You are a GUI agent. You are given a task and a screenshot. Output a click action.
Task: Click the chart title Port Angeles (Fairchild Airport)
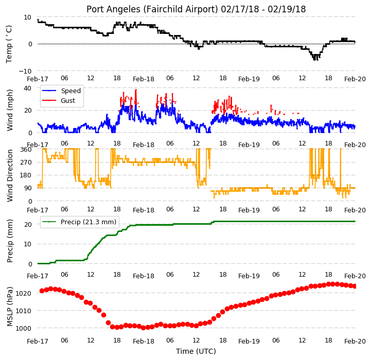pyautogui.click(x=152, y=9)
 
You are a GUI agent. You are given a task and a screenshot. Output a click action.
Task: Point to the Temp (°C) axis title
pyautogui.click(x=9, y=44)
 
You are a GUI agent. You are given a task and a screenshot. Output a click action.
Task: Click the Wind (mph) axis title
pyautogui.click(x=10, y=110)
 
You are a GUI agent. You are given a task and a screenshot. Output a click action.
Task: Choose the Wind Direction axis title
pyautogui.click(x=10, y=175)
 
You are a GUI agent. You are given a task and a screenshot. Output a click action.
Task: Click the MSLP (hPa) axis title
pyautogui.click(x=10, y=307)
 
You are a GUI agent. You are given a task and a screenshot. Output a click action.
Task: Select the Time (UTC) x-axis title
pyautogui.click(x=196, y=351)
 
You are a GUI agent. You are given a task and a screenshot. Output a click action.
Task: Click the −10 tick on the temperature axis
pyautogui.click(x=25, y=71)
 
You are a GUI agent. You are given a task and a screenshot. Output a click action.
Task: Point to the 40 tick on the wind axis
pyautogui.click(x=27, y=88)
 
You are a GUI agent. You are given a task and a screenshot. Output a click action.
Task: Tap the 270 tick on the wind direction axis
pyautogui.click(x=26, y=163)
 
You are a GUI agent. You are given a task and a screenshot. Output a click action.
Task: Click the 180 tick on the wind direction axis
pyautogui.click(x=26, y=175)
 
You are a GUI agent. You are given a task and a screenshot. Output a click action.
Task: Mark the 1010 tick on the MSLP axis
pyautogui.click(x=24, y=311)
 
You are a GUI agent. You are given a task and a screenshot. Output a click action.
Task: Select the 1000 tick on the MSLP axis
pyautogui.click(x=24, y=328)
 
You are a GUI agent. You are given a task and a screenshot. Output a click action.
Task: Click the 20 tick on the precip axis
pyautogui.click(x=28, y=224)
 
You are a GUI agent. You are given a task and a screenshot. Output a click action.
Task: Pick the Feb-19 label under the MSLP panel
pyautogui.click(x=249, y=341)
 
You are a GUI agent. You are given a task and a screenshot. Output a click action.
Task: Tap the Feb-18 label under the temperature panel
pyautogui.click(x=144, y=79)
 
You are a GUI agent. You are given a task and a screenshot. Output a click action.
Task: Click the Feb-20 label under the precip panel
pyautogui.click(x=355, y=276)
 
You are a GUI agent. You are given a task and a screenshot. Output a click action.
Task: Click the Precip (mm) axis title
pyautogui.click(x=10, y=241)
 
